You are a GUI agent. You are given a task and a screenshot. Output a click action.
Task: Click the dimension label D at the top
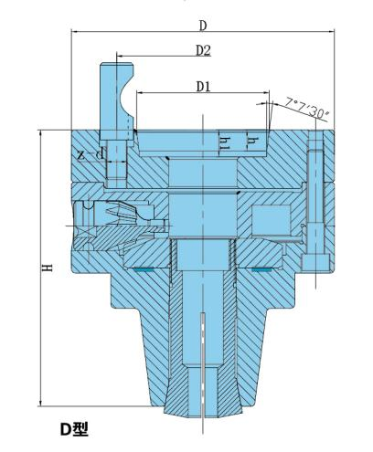click(203, 23)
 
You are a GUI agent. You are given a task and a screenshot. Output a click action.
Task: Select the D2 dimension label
click(203, 51)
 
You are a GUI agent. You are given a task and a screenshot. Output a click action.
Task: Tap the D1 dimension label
click(203, 86)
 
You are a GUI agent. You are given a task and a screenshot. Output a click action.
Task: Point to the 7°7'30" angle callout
click(307, 109)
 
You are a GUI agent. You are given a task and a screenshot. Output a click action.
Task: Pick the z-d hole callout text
click(90, 154)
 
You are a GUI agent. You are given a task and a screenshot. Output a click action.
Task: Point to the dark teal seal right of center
click(263, 270)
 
